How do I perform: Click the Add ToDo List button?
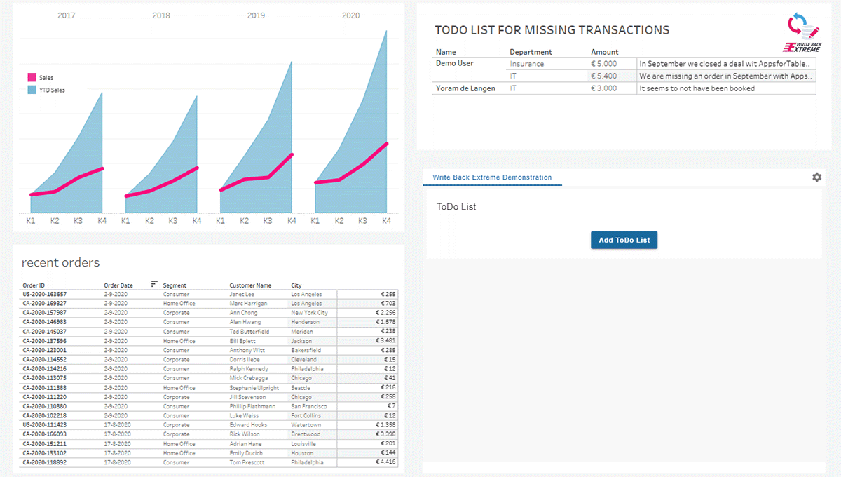tap(624, 240)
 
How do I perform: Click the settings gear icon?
tap(816, 177)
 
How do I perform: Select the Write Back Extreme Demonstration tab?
tap(492, 177)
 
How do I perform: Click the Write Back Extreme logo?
tap(802, 32)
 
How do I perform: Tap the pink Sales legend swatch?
tap(32, 78)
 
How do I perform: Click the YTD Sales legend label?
tap(52, 90)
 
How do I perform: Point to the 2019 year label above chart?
tap(256, 15)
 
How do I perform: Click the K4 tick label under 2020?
tap(386, 221)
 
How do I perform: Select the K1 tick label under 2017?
tap(31, 221)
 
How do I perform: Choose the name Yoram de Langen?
tap(465, 88)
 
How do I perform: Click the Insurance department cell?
tap(526, 64)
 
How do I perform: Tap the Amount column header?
tap(604, 52)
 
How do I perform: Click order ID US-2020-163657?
tap(45, 295)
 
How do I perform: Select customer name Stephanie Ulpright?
tap(254, 388)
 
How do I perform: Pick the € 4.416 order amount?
tap(385, 462)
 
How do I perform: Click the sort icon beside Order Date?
tap(154, 284)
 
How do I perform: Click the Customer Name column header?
tap(250, 285)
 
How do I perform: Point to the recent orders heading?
tap(60, 263)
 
